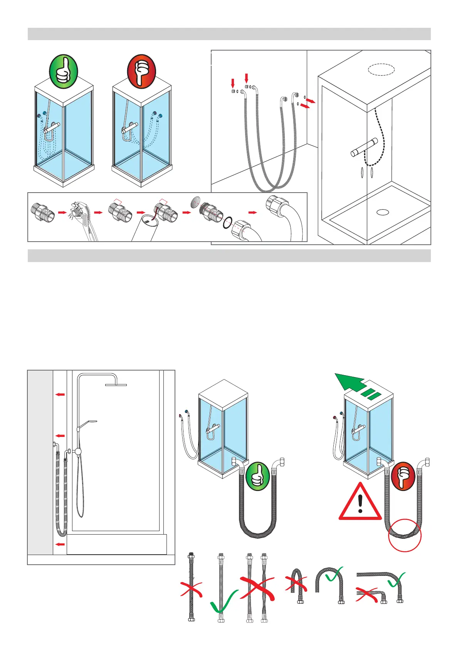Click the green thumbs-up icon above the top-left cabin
click(x=64, y=71)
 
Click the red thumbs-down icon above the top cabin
click(x=141, y=71)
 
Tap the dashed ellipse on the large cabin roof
click(x=381, y=69)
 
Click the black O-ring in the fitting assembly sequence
click(x=228, y=223)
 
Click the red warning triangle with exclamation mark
click(x=360, y=503)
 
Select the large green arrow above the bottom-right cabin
click(x=351, y=382)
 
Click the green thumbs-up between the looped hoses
click(x=258, y=477)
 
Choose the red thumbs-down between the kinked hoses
click(x=403, y=476)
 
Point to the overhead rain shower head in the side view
click(x=116, y=384)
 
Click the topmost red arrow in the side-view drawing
click(x=59, y=394)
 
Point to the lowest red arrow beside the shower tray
click(x=59, y=544)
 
